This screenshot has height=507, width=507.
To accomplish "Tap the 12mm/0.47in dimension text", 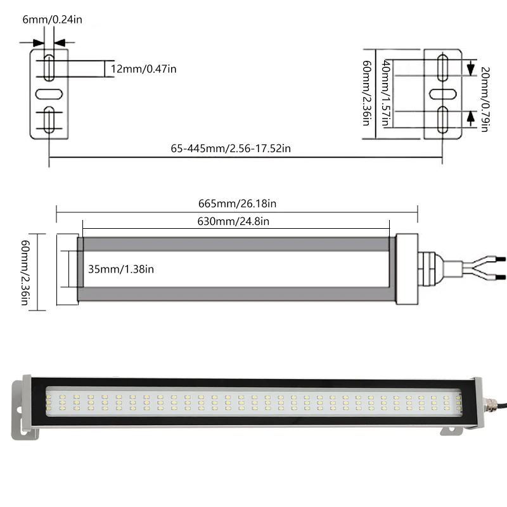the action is pos(143,69).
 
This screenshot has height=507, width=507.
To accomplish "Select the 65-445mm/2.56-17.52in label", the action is pos(231,148).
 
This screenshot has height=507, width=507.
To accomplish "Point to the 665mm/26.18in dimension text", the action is pos(236,204).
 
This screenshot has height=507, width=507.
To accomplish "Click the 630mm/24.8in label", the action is pos(234,221).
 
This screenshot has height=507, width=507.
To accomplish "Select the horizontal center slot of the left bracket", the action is pos(48,94).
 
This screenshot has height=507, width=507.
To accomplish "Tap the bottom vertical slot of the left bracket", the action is pos(48,120).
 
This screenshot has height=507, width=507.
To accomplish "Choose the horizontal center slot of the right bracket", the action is pos(444,94).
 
